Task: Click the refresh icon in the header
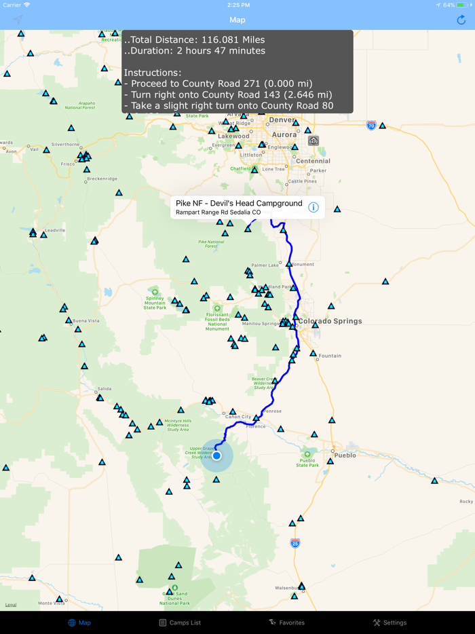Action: click(461, 20)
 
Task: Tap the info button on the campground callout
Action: click(313, 207)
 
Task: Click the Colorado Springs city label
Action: click(330, 321)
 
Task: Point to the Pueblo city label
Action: click(345, 455)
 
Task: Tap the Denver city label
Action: click(282, 120)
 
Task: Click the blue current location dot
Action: click(216, 455)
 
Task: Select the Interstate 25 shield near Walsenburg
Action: click(294, 543)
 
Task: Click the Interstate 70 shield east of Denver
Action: click(370, 126)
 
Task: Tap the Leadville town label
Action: click(54, 230)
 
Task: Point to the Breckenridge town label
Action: click(101, 179)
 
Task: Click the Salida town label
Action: click(104, 389)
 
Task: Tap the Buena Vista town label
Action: click(85, 320)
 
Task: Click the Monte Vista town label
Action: click(51, 603)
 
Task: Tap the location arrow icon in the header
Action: click(18, 20)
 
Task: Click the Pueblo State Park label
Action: click(307, 463)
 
